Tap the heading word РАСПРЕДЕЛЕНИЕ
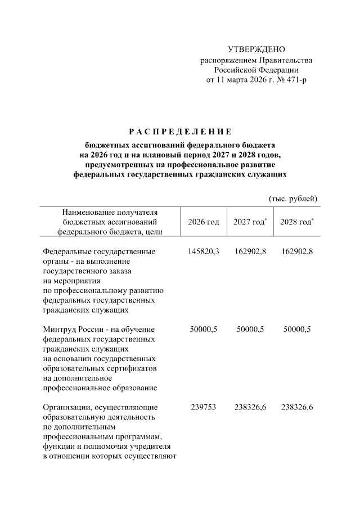coord(180,132)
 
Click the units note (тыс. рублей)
coord(292,198)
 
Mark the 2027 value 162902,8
coord(251,251)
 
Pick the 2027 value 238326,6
coord(251,407)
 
